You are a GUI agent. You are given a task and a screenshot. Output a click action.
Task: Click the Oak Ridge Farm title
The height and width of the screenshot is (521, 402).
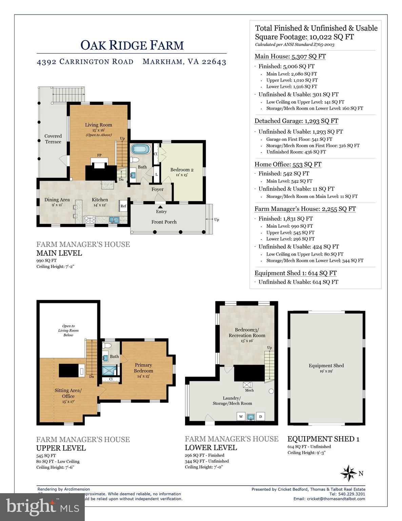132,45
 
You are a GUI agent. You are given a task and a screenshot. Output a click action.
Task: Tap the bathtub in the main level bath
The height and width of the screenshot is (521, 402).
138,149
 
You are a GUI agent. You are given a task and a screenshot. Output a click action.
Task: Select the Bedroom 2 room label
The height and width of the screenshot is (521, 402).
182,172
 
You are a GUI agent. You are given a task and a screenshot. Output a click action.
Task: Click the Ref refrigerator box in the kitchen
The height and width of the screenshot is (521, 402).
123,206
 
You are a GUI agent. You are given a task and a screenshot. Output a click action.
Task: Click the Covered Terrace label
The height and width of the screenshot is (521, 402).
53,139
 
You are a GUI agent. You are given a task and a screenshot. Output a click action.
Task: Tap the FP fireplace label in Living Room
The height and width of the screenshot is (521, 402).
99,155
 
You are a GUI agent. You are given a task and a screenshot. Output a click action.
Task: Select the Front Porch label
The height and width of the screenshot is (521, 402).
164,222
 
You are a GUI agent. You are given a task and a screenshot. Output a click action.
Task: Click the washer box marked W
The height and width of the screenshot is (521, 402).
241,416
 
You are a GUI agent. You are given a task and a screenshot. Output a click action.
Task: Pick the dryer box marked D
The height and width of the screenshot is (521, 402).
261,416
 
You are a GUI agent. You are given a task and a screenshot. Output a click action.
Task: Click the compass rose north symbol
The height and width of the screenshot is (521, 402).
348,473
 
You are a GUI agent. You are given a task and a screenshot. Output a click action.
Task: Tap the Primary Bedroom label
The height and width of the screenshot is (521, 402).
143,370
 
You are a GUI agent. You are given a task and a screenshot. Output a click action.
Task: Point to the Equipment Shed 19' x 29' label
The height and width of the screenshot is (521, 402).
326,368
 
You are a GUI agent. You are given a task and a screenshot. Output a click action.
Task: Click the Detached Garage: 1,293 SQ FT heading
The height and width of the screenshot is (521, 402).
296,121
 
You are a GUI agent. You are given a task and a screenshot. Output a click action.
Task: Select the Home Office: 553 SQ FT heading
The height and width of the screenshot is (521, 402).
288,164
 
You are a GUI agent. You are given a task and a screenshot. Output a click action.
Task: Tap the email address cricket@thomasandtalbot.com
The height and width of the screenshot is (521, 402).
329,499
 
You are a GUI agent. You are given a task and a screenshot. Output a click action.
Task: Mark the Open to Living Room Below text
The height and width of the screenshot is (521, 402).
68,330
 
